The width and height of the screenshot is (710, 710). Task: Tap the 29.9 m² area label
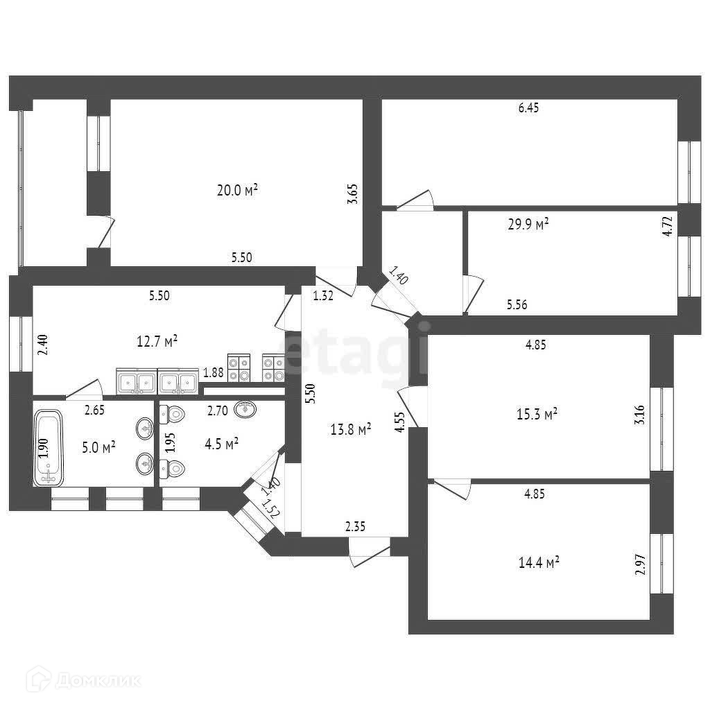pos(528,223)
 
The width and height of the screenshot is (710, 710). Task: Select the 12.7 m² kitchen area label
pos(156,340)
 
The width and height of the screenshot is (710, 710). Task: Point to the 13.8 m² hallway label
pos(351,430)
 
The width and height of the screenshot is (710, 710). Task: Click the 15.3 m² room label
pos(538,414)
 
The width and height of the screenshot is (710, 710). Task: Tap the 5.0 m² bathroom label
pos(99,447)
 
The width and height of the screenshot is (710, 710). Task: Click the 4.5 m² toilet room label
pos(222,442)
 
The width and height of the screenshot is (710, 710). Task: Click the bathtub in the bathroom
pos(47,447)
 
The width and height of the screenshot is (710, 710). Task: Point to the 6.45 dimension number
pos(528,107)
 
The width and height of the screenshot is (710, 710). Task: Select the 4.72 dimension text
pos(667,226)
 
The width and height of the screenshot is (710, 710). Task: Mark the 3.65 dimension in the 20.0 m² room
pos(353,191)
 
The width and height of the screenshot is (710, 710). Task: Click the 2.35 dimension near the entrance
pos(355,527)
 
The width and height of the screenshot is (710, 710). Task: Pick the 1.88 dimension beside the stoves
pos(213,374)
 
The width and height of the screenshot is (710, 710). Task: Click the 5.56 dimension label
pos(517,304)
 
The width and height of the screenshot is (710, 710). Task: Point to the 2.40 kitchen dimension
pos(43,345)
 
